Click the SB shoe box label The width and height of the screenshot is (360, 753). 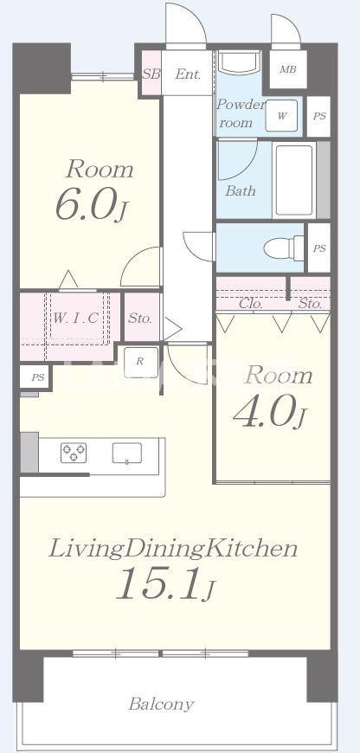(x=151, y=74)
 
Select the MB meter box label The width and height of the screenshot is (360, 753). (x=288, y=69)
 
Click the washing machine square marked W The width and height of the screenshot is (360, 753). (x=282, y=115)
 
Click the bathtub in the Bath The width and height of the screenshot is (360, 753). (x=294, y=181)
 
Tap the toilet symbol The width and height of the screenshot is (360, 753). (x=284, y=248)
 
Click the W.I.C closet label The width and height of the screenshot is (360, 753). (x=76, y=318)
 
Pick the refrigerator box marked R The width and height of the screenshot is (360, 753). (x=139, y=362)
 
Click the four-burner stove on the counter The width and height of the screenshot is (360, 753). (x=74, y=453)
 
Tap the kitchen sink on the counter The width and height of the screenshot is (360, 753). (x=126, y=453)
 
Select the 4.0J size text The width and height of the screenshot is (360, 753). (x=269, y=412)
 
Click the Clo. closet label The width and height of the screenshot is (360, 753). (x=249, y=304)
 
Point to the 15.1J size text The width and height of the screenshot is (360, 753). (x=166, y=582)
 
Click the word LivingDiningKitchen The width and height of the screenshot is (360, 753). (x=173, y=549)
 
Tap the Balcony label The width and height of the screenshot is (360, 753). (x=161, y=704)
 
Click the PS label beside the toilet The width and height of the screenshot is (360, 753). (x=319, y=248)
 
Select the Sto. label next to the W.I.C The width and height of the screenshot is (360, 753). (x=140, y=318)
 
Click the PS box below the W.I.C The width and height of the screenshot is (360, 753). (x=35, y=378)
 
